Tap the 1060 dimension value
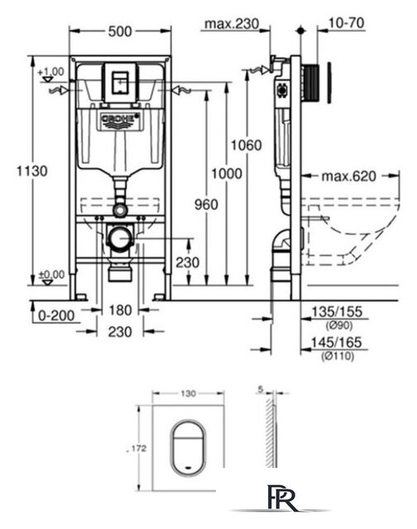pyautogui.click(x=247, y=145)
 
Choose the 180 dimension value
pyautogui.click(x=120, y=312)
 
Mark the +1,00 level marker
pyautogui.click(x=50, y=72)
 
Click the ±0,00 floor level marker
pyautogui.click(x=50, y=274)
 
